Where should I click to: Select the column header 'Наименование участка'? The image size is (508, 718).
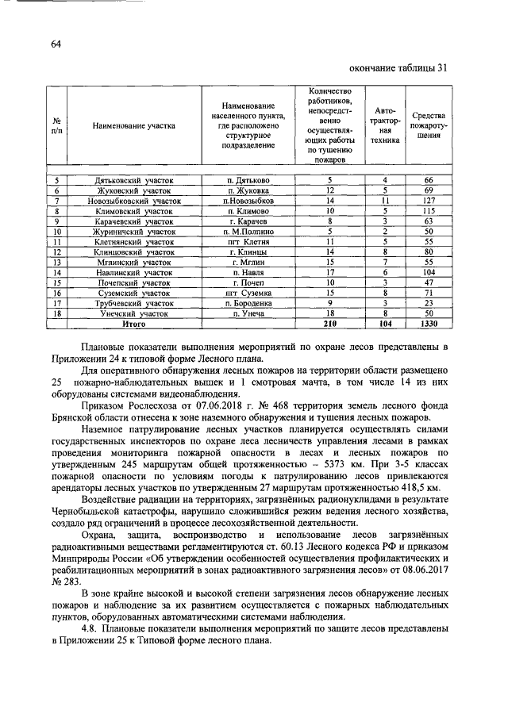pos(133,125)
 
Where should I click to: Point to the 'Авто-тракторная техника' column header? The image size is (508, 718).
pos(385,125)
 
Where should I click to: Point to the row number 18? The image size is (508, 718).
pos(57,313)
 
